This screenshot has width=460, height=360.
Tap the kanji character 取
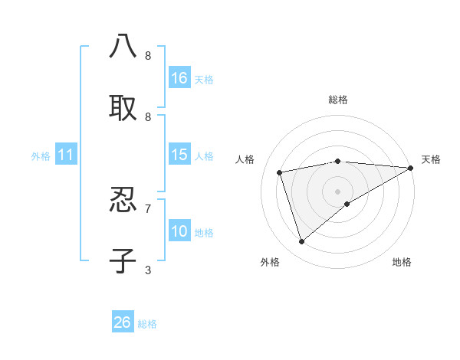point(123,107)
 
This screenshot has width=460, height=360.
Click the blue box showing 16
point(179,78)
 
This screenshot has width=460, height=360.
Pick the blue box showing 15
point(179,155)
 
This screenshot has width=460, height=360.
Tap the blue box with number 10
point(179,231)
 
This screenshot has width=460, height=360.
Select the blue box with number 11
point(66,155)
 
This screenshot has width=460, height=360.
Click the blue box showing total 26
point(123,322)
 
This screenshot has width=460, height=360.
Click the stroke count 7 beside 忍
point(148,208)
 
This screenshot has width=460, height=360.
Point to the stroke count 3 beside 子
point(148,270)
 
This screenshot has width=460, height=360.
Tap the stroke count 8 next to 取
point(148,116)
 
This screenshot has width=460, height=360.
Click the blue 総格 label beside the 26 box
point(147,324)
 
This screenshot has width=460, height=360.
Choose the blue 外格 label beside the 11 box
point(41,156)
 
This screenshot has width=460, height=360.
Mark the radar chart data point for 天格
point(411,168)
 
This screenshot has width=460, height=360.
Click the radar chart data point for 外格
point(301,242)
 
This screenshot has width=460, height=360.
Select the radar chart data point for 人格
point(280,172)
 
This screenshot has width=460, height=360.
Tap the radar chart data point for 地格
point(347,204)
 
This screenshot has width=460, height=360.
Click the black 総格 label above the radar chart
point(337,100)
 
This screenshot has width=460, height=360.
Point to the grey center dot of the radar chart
point(337,191)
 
